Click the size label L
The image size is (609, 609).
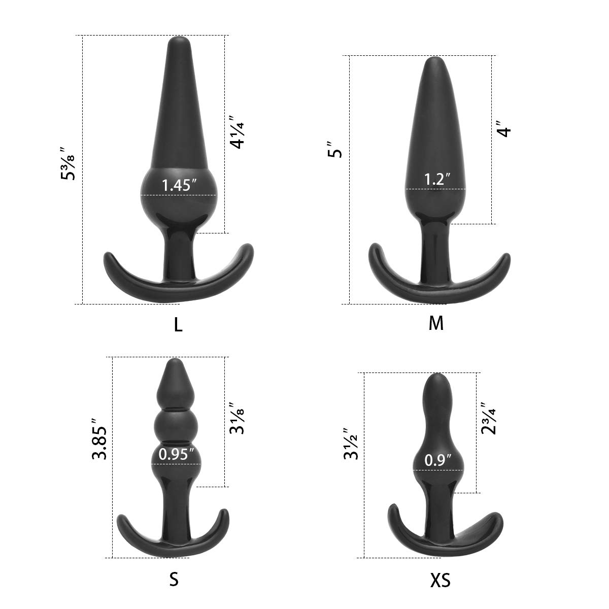[x=178, y=324]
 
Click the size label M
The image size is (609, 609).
[x=436, y=323]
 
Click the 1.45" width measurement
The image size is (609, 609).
[x=179, y=185]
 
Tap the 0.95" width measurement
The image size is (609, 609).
[x=177, y=454]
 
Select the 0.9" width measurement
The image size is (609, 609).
[x=438, y=460]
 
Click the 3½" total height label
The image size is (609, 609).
[x=352, y=444]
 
